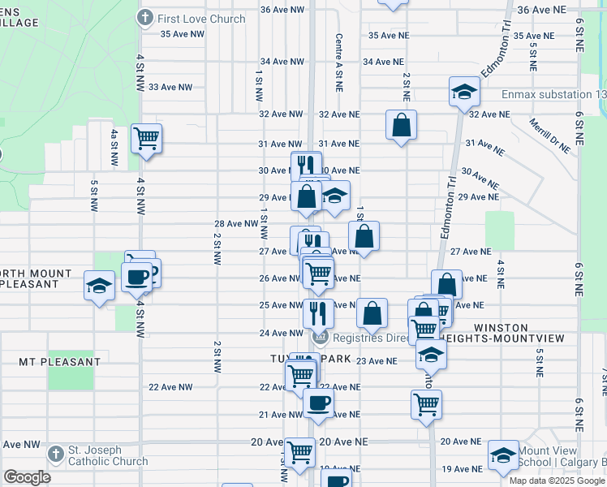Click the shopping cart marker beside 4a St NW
(x=147, y=137)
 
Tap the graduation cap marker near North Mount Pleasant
(x=100, y=287)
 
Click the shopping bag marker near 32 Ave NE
(x=401, y=125)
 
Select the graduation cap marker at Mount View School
(x=503, y=455)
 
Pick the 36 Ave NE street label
(x=560, y=10)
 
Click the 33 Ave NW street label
(x=170, y=87)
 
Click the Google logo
(x=28, y=477)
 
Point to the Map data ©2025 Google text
(x=557, y=480)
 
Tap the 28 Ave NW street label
(x=235, y=223)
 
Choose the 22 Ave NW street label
(x=170, y=387)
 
